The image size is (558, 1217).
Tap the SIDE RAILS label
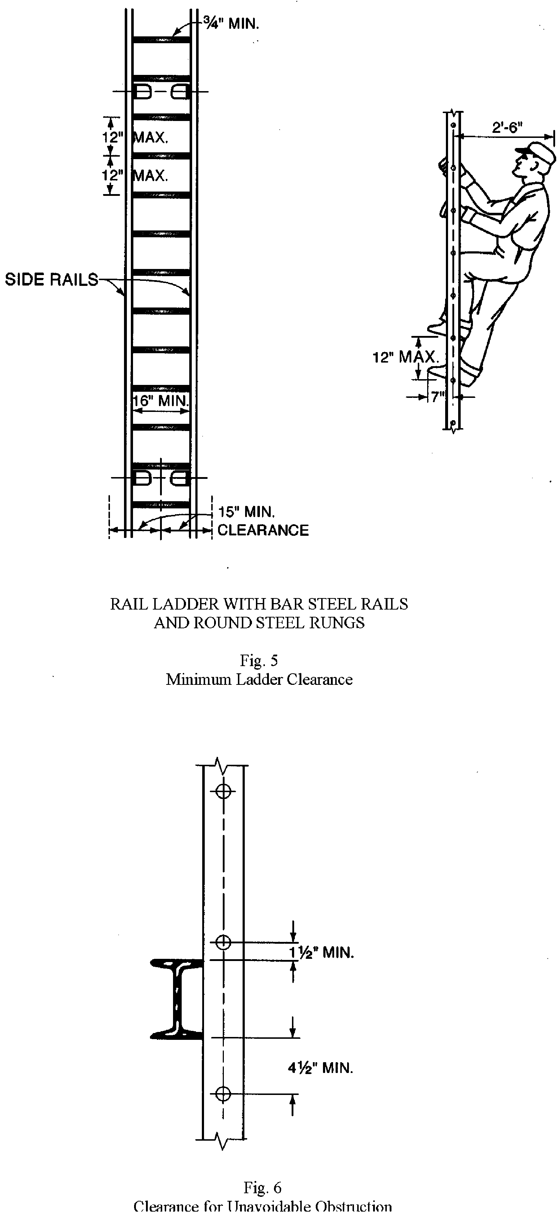pos(51,280)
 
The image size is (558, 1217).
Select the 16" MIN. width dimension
pos(161,401)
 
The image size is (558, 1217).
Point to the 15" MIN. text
pos(246,512)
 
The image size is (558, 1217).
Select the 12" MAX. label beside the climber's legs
pos(405,357)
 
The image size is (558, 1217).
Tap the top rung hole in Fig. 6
pos(223,791)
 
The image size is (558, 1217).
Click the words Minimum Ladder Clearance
pos(259,679)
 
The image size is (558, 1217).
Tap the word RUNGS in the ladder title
pos(337,623)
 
